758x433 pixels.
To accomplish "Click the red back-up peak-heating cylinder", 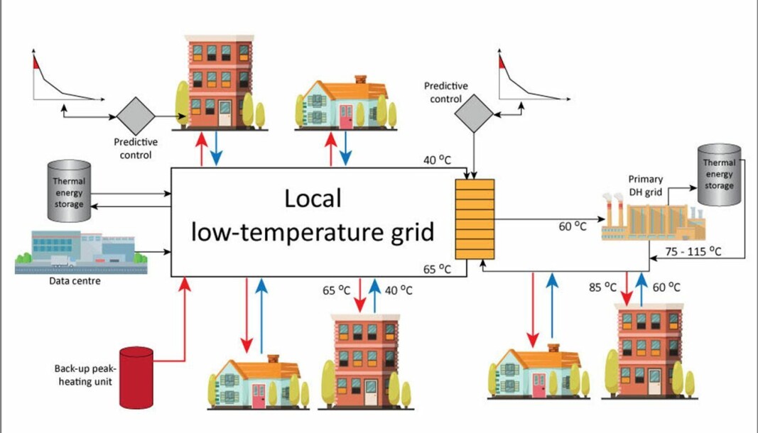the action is click(x=136, y=378).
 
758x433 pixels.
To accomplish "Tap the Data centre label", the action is click(x=75, y=281).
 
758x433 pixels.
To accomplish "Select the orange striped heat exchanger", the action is click(x=475, y=219).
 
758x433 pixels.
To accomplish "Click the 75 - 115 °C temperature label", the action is click(x=693, y=251).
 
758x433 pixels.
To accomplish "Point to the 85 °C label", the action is click(x=602, y=287).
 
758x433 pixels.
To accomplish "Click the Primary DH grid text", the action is click(x=645, y=185).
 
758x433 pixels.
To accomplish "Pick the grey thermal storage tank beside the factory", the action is click(x=719, y=175).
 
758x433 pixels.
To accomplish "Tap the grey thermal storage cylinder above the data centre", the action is click(x=69, y=192).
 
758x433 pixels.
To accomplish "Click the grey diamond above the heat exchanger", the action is click(x=474, y=114).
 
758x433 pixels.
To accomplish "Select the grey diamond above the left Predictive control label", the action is click(x=136, y=116).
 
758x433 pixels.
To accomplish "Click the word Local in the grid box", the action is click(x=313, y=199).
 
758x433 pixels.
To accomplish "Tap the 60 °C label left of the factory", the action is click(x=573, y=226).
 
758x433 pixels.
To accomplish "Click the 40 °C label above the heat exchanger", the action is click(x=437, y=160).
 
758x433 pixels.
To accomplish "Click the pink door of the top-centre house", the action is click(x=346, y=117).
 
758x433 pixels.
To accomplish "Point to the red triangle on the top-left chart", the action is click(x=36, y=62).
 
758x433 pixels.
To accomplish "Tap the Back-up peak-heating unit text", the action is click(x=85, y=375).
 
